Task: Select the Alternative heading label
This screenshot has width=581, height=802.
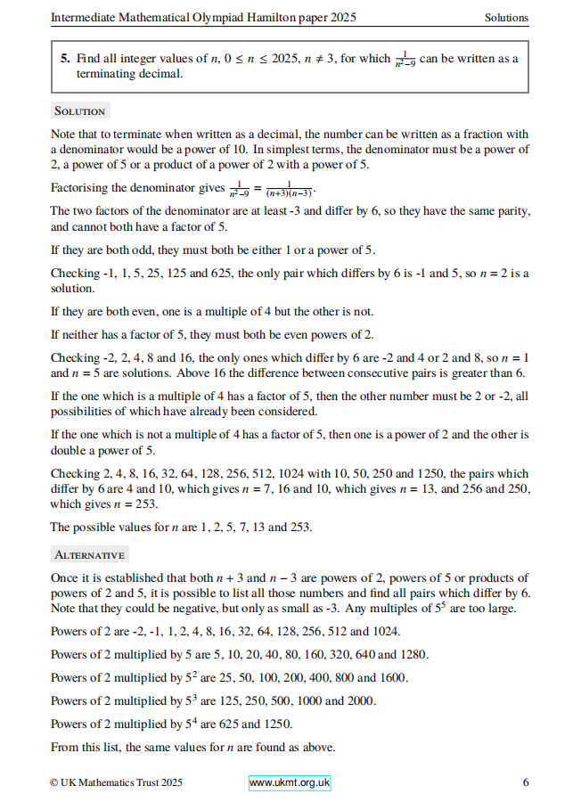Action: pos(89,554)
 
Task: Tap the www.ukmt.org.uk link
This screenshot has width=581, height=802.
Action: pos(290,782)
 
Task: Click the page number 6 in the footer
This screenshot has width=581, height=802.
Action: pos(526,782)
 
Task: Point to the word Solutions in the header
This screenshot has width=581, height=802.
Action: pos(506,17)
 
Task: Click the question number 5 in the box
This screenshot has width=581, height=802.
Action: pos(65,59)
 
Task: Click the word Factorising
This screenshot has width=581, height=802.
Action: pos(81,188)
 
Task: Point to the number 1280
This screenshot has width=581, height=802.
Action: pos(415,654)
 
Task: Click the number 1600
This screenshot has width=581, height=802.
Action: pos(393,677)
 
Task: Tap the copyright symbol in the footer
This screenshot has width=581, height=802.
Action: pos(55,782)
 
